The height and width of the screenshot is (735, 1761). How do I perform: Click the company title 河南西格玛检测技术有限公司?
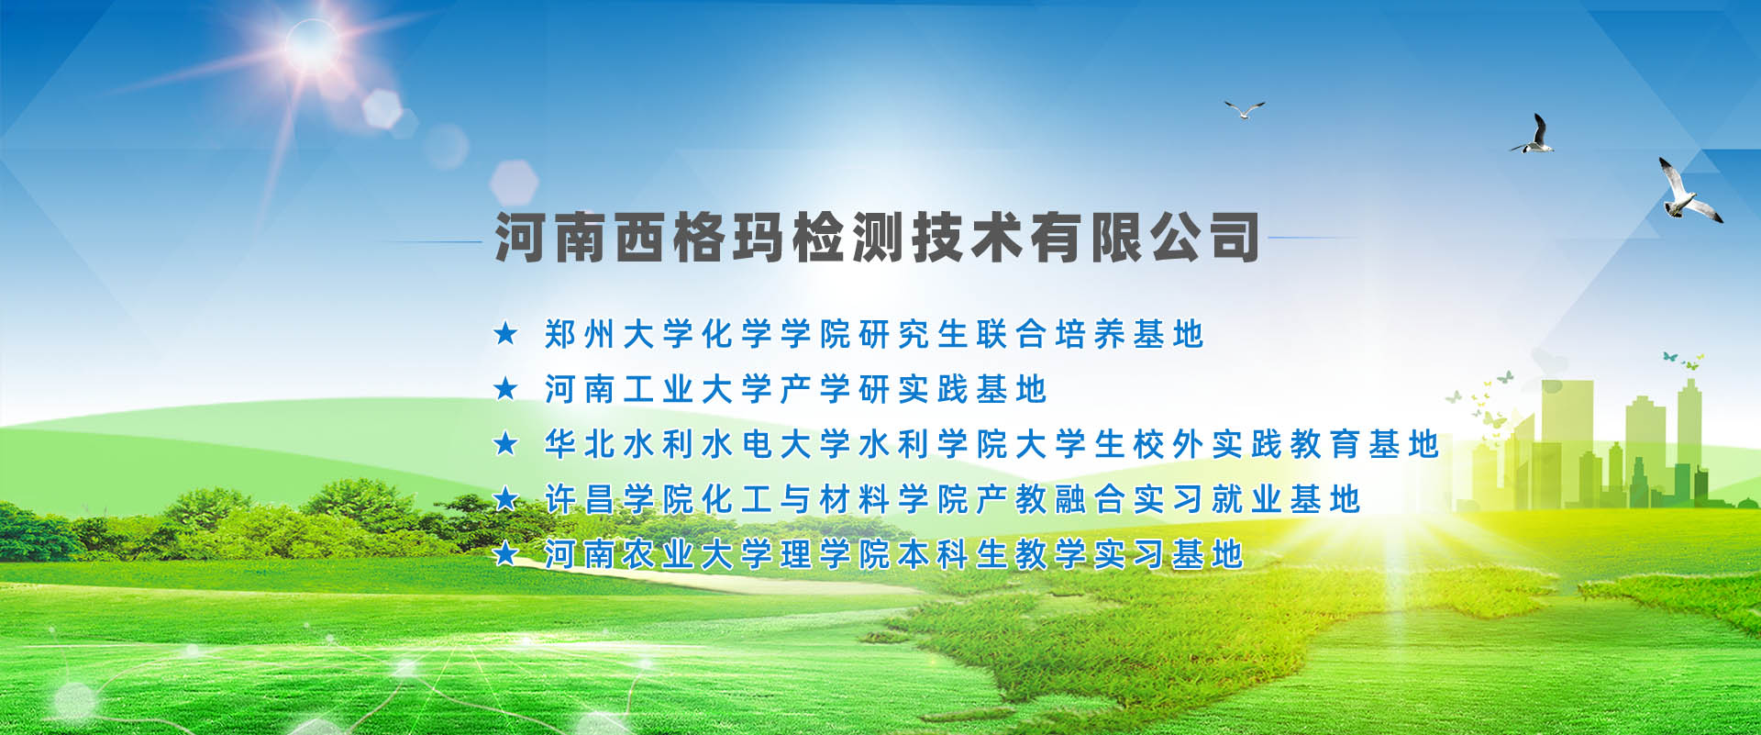pyautogui.click(x=877, y=237)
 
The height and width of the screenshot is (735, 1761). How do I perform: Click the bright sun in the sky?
pyautogui.click(x=311, y=44)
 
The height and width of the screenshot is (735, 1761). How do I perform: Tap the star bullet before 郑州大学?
pyautogui.click(x=505, y=333)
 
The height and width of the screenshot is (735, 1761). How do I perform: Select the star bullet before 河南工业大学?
pyautogui.click(x=505, y=388)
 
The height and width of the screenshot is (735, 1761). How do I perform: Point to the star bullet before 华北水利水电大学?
pyautogui.click(x=505, y=443)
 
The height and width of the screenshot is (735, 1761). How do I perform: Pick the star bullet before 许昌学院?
pyautogui.click(x=505, y=498)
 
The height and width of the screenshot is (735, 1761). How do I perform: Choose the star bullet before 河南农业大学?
pyautogui.click(x=505, y=553)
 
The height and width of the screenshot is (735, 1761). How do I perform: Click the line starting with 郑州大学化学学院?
pyautogui.click(x=873, y=334)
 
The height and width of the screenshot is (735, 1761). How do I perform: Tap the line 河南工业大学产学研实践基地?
pyautogui.click(x=795, y=389)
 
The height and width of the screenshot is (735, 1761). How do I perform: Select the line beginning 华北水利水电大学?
pyautogui.click(x=991, y=444)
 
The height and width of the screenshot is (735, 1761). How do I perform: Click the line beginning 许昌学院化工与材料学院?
pyautogui.click(x=952, y=499)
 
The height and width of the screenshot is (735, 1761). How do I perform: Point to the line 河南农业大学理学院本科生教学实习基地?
pyautogui.click(x=893, y=554)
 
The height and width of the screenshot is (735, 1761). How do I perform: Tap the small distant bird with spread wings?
pyautogui.click(x=1245, y=110)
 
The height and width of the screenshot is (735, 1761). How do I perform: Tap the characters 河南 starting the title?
pyautogui.click(x=551, y=237)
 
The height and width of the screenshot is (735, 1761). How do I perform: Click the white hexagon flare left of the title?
pyautogui.click(x=514, y=182)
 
